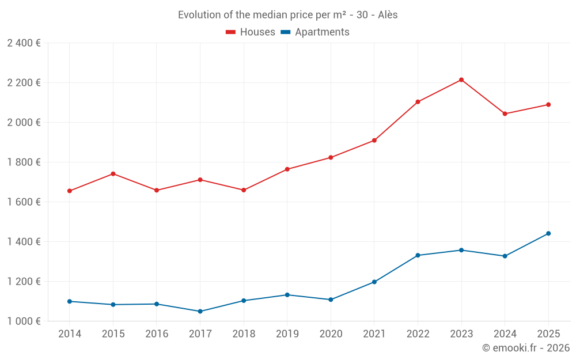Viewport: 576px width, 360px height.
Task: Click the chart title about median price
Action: (x=287, y=15)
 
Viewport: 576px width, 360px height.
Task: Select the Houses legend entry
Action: (x=251, y=32)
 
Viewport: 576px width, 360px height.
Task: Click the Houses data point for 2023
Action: (x=461, y=79)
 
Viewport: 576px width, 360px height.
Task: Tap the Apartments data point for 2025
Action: (x=548, y=233)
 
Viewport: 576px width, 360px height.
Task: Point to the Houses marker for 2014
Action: (x=70, y=191)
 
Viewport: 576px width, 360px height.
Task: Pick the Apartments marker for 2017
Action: (x=200, y=311)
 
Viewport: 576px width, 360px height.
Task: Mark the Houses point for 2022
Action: (x=418, y=102)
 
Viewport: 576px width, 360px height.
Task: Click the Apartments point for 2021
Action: (x=374, y=282)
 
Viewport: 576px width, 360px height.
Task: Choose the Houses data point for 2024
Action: (x=505, y=113)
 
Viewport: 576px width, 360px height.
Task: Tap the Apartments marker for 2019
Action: (x=287, y=295)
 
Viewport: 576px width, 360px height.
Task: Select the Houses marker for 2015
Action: (x=113, y=173)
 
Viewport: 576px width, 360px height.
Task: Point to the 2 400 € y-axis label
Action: (x=24, y=43)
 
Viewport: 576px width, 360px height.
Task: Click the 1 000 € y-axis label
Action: (x=24, y=321)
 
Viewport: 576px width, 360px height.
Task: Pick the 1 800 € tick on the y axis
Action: (x=24, y=162)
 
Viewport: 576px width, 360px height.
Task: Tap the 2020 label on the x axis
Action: (x=331, y=334)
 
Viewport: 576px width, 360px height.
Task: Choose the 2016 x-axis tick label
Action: (x=157, y=334)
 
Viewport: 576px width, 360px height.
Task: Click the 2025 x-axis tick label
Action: (x=548, y=334)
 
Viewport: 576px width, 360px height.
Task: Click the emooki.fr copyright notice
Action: (x=525, y=348)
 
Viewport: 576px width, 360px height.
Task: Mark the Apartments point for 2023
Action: (x=461, y=250)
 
